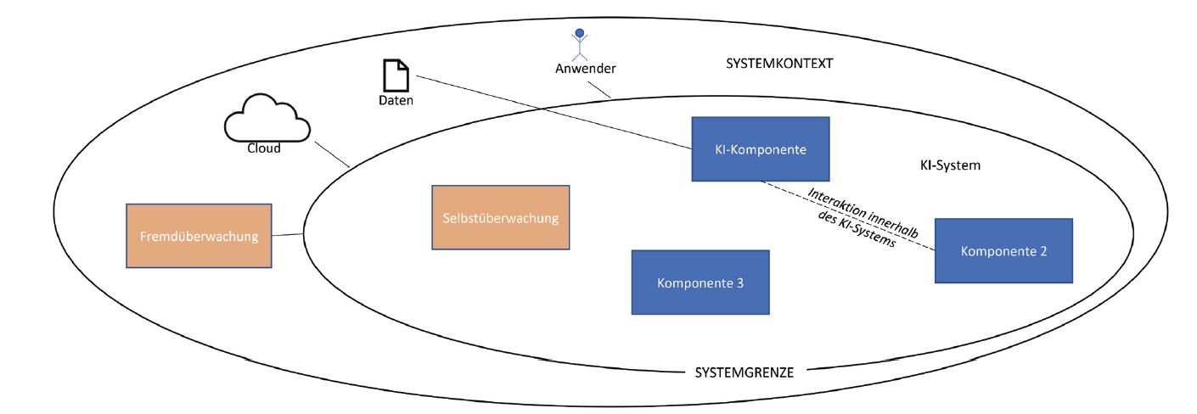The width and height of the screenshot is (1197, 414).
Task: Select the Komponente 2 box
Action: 1003,250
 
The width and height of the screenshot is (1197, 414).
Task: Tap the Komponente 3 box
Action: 700,282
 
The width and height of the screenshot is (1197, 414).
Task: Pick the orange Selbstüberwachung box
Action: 500,218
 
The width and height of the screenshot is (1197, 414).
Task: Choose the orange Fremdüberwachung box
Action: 199,237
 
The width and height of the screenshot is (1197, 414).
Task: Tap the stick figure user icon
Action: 581,45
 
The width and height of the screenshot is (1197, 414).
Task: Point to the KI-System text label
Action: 950,165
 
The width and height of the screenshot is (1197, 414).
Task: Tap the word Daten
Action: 395,100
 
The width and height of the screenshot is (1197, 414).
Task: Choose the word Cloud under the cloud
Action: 265,146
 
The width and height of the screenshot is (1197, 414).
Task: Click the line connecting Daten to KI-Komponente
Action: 552,114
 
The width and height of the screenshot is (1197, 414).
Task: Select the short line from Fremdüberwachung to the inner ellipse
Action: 288,235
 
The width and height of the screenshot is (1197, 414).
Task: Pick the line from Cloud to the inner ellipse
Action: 334,154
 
